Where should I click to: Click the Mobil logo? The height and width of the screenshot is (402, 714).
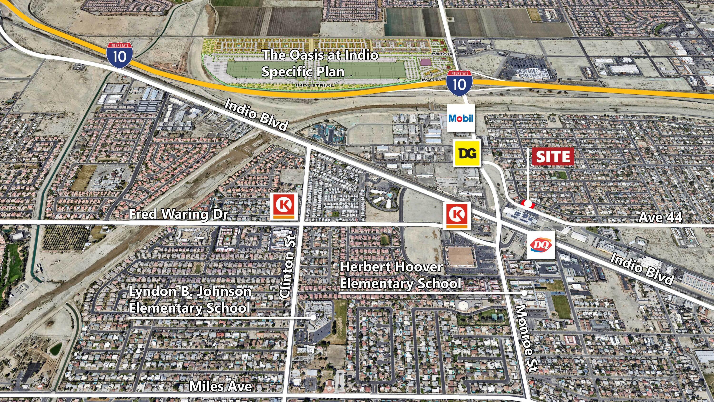point(461,118)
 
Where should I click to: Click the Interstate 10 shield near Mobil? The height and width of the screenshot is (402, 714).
point(460,83)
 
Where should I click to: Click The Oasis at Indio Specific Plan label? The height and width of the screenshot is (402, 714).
point(320,63)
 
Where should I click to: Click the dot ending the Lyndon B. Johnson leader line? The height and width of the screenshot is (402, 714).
point(313,318)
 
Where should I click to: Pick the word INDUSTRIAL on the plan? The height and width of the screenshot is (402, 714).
point(315,85)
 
